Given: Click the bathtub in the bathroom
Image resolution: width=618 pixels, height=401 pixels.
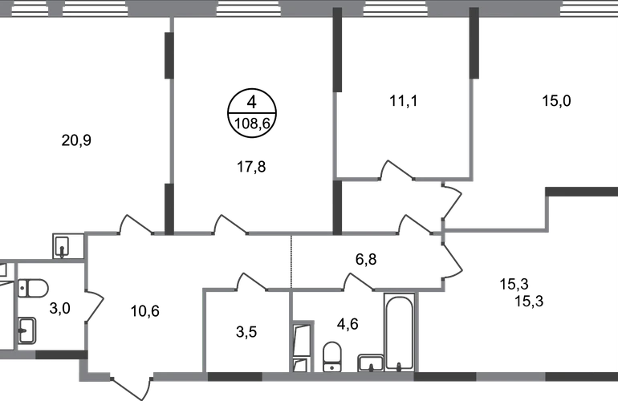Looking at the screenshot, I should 398,329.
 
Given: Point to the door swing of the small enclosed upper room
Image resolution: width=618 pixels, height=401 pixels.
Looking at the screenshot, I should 397,170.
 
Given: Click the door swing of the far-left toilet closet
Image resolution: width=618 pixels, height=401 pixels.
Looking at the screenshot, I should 97,308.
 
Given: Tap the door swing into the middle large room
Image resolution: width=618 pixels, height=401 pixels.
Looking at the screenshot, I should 230,224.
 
